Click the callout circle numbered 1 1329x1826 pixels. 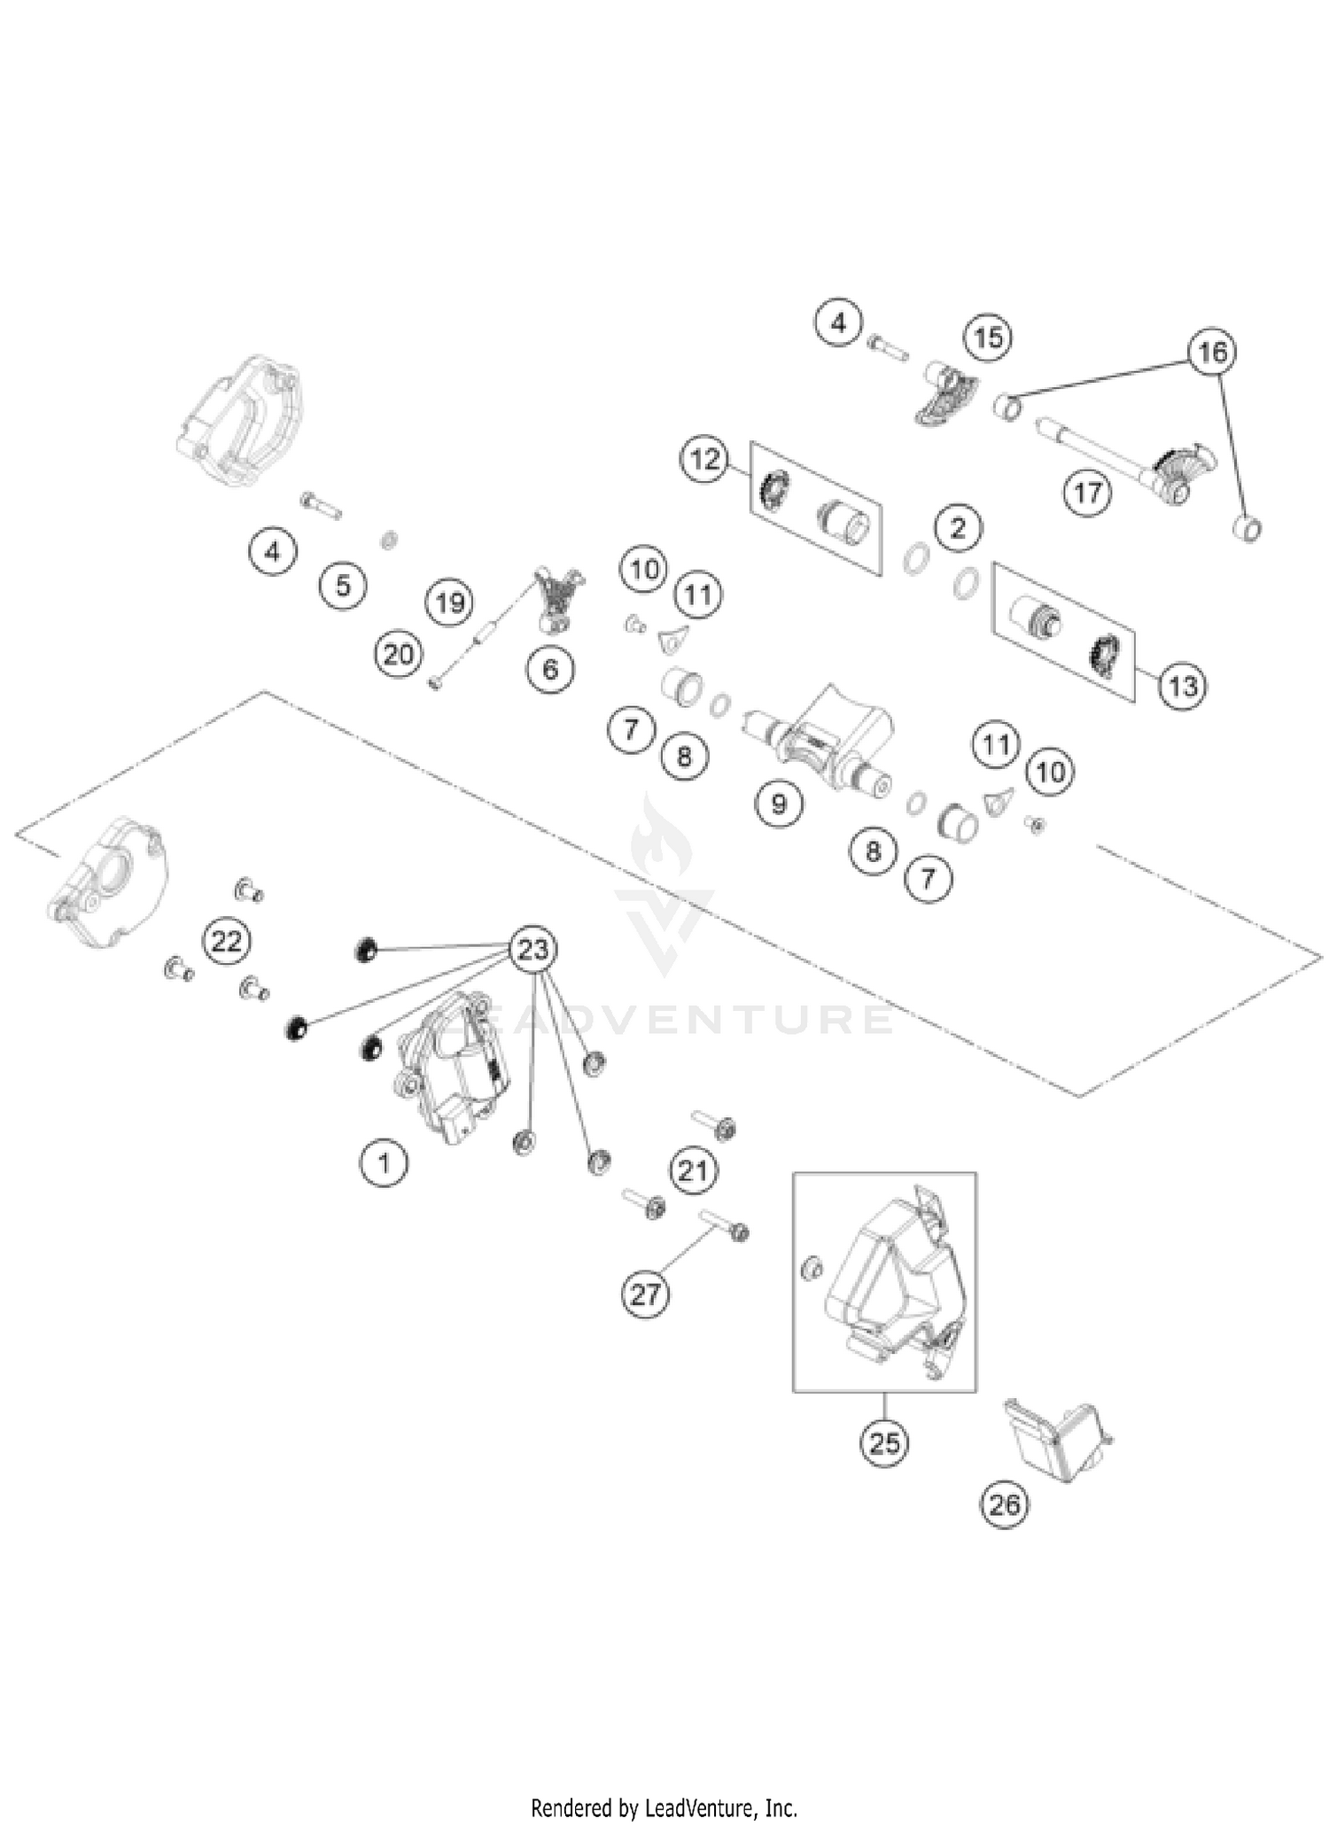point(384,1162)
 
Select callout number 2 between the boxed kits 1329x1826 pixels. point(958,528)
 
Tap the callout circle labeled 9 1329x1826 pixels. point(779,804)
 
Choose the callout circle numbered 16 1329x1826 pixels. point(1212,353)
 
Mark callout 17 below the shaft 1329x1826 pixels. point(1087,492)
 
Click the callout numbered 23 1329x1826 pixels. point(532,950)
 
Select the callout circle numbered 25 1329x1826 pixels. point(884,1444)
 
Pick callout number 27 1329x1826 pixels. point(645,1295)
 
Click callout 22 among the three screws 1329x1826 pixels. point(226,941)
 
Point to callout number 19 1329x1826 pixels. point(450,603)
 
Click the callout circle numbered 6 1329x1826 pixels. point(550,669)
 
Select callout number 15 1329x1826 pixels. point(988,338)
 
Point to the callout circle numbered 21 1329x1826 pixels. point(693,1171)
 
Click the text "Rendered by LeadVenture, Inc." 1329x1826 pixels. point(664,1807)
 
